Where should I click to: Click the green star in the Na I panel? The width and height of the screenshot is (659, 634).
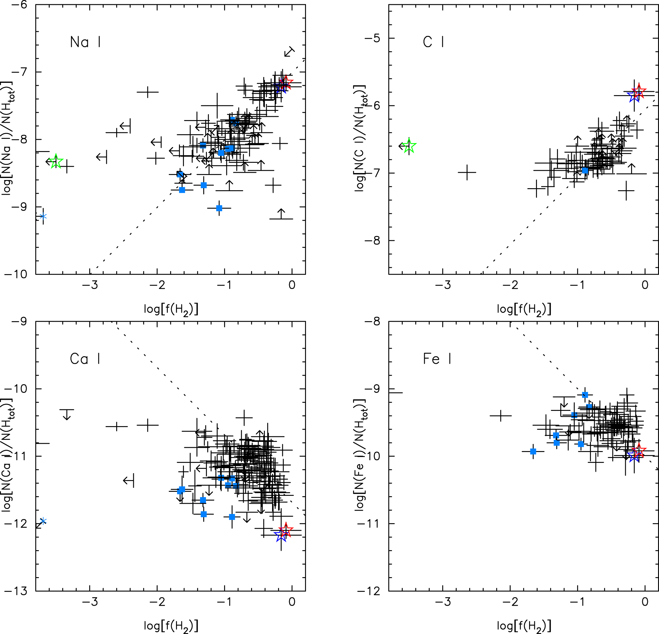click(x=56, y=162)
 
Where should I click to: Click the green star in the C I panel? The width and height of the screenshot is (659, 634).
click(x=409, y=146)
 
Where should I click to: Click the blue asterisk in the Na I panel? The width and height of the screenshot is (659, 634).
click(x=43, y=216)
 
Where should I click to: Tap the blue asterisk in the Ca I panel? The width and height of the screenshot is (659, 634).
click(x=43, y=521)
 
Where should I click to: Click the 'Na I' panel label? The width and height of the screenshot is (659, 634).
click(x=85, y=42)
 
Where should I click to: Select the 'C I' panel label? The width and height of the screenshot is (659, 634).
click(x=433, y=42)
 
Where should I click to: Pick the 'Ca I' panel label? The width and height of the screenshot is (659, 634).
click(x=85, y=359)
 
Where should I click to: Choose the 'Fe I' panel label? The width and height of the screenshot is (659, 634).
click(x=437, y=359)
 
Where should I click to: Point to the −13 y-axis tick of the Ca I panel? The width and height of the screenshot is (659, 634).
click(x=19, y=591)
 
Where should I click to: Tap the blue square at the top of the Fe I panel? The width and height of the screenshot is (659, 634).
click(x=585, y=395)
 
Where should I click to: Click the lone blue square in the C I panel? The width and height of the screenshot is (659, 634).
click(x=585, y=170)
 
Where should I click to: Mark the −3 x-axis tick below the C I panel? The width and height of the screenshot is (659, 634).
click(x=443, y=285)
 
